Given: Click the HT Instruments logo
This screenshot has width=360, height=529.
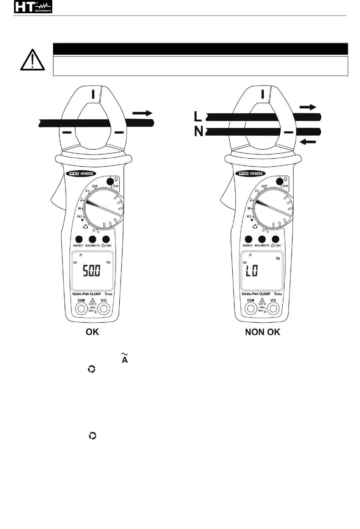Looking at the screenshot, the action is tap(33, 7).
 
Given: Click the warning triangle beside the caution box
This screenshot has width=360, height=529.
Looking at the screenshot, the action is tap(32, 60).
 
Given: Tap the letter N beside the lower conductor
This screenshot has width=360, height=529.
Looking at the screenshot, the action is tap(199, 132).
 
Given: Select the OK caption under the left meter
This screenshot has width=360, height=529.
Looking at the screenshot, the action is tap(92, 332).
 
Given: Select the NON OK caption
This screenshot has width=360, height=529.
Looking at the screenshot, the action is tap(263, 332).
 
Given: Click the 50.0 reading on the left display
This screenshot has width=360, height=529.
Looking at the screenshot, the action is tap(92, 270).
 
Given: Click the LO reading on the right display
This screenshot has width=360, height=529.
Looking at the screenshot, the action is tap(252, 270).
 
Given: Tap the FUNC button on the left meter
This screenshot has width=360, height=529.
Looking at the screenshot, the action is tap(106, 239).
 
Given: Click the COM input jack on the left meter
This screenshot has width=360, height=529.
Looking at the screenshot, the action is tap(81, 309).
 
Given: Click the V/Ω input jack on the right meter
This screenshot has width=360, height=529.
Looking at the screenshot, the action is tap(273, 309).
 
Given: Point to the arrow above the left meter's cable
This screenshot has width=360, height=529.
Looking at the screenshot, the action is tap(142, 113).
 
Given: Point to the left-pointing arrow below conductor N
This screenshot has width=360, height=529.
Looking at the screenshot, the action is tap(308, 142).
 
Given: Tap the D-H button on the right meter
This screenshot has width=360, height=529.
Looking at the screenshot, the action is tap(281, 182).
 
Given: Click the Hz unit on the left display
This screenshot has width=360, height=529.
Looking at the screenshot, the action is tap(108, 262).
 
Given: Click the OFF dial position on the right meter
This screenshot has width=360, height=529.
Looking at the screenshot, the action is tap(264, 186).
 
